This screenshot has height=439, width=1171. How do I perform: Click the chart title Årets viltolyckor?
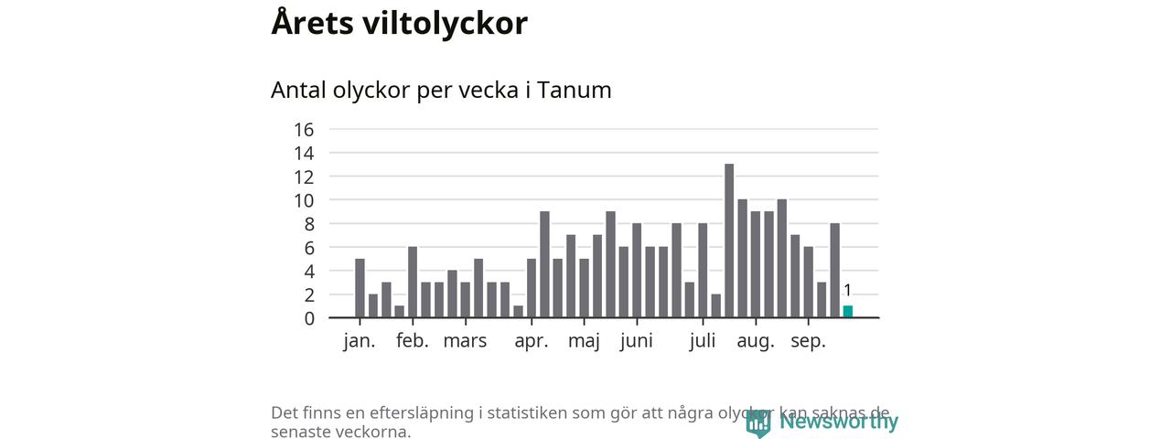point(399,24)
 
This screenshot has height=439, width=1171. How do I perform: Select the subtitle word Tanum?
point(574,91)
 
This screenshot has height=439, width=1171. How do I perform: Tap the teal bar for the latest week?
point(847,312)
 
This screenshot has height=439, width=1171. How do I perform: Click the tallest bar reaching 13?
point(729,241)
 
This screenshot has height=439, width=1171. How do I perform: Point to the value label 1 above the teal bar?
point(847,291)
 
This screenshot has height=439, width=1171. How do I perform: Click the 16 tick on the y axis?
point(304,129)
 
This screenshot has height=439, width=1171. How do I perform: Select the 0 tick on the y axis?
point(309,318)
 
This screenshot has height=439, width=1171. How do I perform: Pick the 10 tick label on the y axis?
point(304,200)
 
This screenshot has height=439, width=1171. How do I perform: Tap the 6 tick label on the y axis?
point(309,248)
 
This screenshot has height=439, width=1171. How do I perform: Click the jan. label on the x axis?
point(360,342)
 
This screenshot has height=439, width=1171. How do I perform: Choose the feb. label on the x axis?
point(413,342)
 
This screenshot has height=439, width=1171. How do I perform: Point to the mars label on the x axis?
point(466,342)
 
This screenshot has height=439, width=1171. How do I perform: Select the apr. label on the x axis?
point(532,342)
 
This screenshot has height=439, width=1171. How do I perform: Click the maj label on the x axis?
point(584,342)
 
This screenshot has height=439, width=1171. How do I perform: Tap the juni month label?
point(637,342)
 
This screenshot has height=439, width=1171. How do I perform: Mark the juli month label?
point(703,342)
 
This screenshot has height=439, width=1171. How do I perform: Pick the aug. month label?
point(756,342)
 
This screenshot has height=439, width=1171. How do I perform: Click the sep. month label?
point(808,342)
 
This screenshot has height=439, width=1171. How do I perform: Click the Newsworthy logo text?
point(838,422)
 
